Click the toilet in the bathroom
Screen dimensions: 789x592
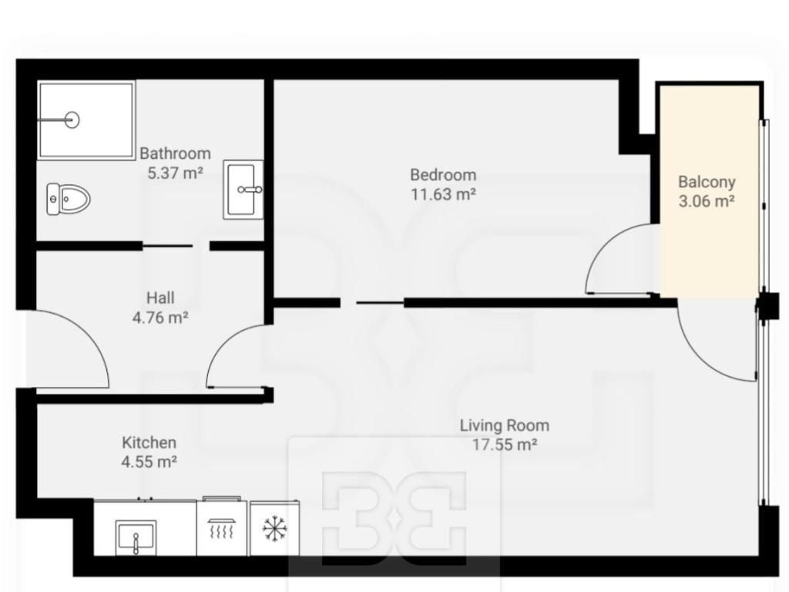point(69,200)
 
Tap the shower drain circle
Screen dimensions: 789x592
point(72,119)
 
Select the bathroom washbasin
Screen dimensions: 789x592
point(243,190)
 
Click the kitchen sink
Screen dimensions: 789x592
point(136,537)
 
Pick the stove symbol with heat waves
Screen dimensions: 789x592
point(221,529)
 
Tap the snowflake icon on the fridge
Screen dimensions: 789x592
point(274,529)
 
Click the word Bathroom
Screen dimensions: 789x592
point(175,153)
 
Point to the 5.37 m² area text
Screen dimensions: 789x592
point(175,173)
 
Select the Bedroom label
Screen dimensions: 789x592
point(443,175)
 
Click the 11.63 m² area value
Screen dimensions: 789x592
point(443,193)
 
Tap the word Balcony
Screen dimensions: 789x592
point(707,182)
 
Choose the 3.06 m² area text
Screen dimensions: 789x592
point(707,201)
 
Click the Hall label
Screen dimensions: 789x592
point(160,298)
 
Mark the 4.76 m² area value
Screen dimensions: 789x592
point(160,318)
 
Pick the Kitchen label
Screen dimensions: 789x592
point(149,442)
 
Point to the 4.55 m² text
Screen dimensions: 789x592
point(149,462)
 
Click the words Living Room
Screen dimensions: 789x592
point(505,425)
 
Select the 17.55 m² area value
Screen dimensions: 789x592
point(505,445)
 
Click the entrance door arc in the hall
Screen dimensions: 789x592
point(88,328)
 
